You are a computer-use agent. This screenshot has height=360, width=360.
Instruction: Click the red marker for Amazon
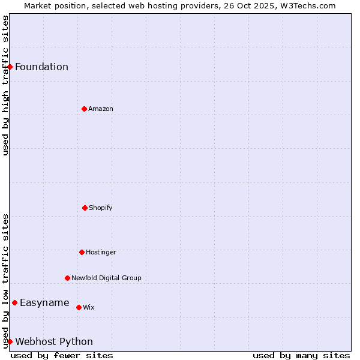coord(84,109)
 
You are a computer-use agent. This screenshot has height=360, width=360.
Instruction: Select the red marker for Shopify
coord(85,208)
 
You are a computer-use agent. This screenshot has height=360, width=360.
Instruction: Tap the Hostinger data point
coord(82,252)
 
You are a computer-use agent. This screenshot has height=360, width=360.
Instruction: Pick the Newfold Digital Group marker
coord(67,278)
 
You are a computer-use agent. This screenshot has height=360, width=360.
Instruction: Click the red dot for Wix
coord(79,307)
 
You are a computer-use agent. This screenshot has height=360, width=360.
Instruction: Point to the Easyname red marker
coord(14,302)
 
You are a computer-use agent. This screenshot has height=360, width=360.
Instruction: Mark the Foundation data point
coord(10,67)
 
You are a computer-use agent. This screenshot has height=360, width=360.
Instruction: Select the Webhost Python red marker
coord(10,341)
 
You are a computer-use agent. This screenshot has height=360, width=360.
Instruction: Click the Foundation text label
coord(41,67)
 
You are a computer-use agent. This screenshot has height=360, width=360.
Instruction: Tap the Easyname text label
coord(44,302)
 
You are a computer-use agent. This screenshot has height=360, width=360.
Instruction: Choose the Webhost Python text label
coord(54,341)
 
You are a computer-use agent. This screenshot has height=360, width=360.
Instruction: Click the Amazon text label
coord(101,109)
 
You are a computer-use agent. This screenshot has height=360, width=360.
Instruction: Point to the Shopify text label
coord(101,208)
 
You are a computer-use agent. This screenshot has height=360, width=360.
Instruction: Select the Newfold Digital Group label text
coord(106,278)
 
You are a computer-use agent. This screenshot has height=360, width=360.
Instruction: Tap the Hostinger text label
coord(101,252)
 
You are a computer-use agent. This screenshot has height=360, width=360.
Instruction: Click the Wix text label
coord(89,307)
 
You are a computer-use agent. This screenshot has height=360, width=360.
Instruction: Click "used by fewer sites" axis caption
coord(62,355)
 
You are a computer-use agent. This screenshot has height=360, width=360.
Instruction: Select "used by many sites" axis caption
coord(301,355)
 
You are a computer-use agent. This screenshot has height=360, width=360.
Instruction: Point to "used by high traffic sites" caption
coord(5,85)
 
